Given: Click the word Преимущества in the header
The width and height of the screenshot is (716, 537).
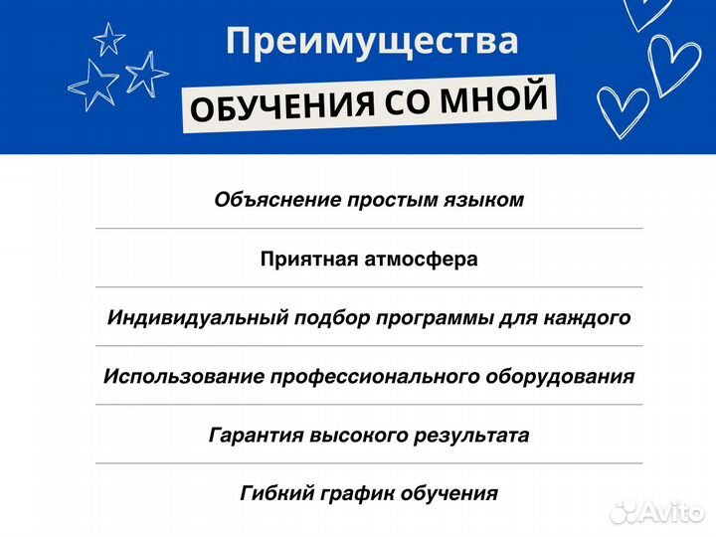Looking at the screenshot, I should pos(372,42).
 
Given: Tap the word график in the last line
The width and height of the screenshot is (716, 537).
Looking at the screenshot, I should pos(355,494).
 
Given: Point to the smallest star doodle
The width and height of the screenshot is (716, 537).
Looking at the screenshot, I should pos(108,38).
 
